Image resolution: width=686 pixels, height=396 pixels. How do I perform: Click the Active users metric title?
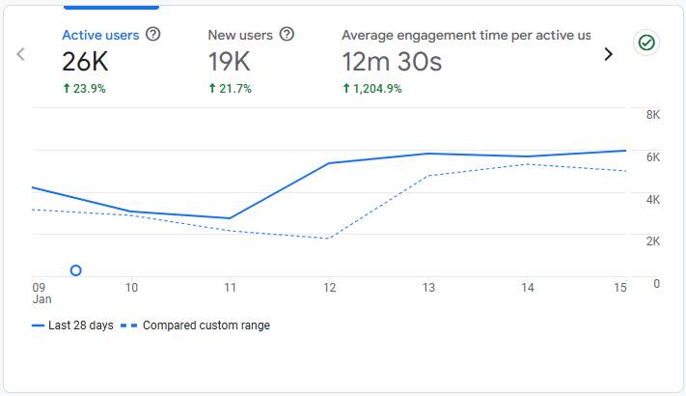[x=100, y=35]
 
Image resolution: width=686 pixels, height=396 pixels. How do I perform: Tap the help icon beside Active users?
[x=153, y=35]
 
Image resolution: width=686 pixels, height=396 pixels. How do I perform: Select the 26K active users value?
[x=85, y=63]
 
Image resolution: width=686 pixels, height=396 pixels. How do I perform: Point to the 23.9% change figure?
[x=84, y=89]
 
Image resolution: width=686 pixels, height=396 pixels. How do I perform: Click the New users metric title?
[x=240, y=35]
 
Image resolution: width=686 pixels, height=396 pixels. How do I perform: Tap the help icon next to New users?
[x=287, y=35]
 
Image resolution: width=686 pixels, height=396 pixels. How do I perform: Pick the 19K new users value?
[x=230, y=63]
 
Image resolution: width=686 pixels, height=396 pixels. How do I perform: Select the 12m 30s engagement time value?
[x=392, y=63]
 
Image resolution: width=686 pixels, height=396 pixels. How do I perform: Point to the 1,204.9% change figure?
[x=372, y=89]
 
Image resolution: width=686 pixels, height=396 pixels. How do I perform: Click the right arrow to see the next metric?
[x=608, y=54]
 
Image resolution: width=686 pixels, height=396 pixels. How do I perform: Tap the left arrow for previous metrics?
[x=21, y=54]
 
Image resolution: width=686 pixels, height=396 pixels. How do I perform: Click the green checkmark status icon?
[x=645, y=42]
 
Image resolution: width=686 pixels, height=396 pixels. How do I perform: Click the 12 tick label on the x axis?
[x=330, y=288]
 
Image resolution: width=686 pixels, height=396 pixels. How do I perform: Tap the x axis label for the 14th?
[x=528, y=288]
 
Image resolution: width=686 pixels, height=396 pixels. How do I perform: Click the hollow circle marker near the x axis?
[x=76, y=270]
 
